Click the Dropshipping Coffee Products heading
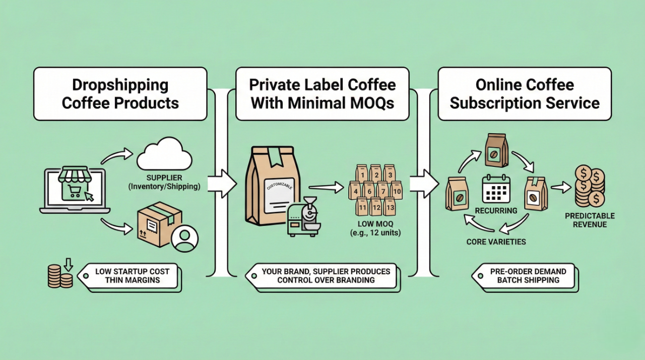click(x=120, y=94)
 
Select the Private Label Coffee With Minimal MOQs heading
click(x=322, y=94)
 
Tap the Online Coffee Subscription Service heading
click(x=525, y=94)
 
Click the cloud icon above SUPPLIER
click(x=164, y=156)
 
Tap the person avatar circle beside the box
click(x=184, y=238)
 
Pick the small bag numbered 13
click(x=389, y=206)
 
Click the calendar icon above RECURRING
click(x=496, y=189)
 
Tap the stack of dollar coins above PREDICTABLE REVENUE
click(x=590, y=187)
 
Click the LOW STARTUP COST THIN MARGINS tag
click(x=132, y=276)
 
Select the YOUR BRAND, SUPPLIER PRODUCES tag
click(x=325, y=276)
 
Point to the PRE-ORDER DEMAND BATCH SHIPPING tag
click(x=527, y=276)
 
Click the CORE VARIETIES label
click(x=496, y=242)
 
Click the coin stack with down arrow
click(x=61, y=275)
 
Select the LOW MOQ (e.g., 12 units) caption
click(x=375, y=228)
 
